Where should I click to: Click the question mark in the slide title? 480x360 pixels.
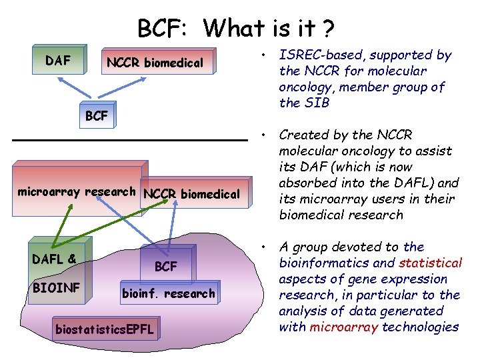[328, 29]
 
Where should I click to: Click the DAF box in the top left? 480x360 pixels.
[59, 61]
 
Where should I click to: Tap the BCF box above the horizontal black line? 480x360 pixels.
[97, 115]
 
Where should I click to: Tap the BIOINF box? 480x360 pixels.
[57, 288]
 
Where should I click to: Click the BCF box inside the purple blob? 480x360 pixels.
[167, 266]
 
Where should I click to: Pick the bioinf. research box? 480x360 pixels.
[168, 293]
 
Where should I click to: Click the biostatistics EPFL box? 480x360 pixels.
[105, 329]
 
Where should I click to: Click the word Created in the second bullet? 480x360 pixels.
[302, 135]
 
